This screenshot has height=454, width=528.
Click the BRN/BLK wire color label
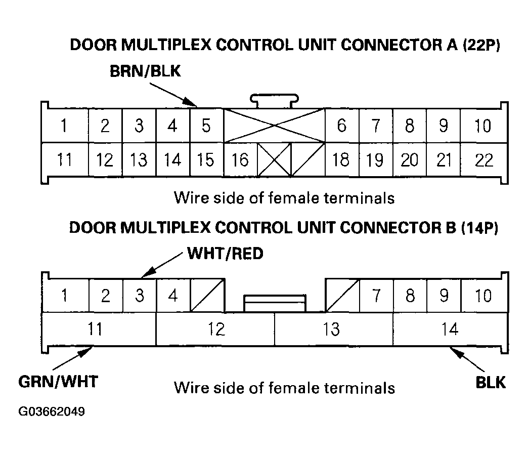[145, 72]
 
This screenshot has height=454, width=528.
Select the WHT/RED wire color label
[225, 253]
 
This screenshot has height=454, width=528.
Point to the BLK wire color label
[491, 382]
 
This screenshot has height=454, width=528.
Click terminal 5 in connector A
[206, 126]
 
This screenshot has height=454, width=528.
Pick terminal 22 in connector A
[484, 160]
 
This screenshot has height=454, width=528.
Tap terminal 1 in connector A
[64, 126]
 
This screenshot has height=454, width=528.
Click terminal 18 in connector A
[341, 160]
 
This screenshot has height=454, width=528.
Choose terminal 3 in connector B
[139, 296]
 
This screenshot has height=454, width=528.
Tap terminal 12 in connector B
[216, 329]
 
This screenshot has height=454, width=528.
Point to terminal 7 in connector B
[376, 296]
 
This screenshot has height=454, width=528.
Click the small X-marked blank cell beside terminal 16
[275, 160]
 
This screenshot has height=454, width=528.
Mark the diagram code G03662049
[52, 411]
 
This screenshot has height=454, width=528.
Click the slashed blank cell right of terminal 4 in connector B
[207, 296]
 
